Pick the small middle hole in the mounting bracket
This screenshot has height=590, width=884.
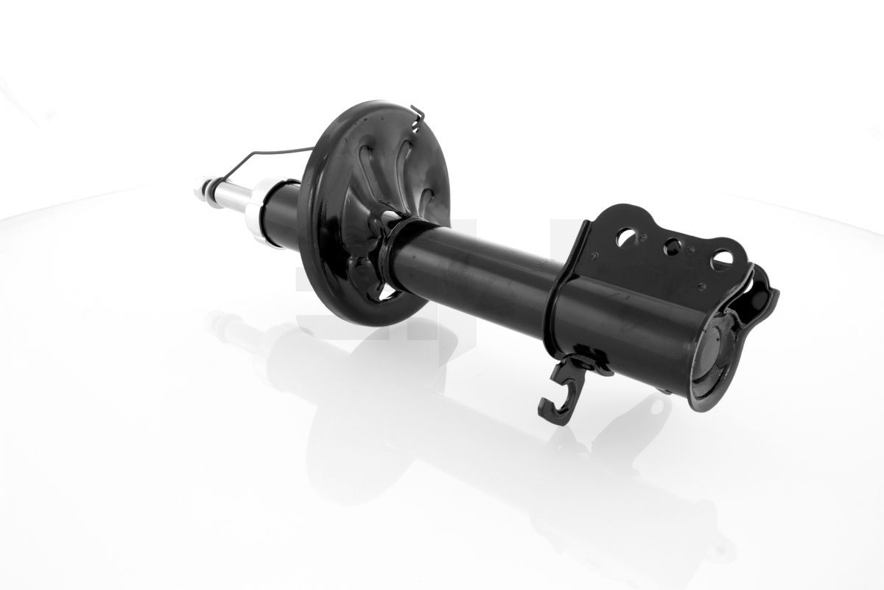(673, 246)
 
